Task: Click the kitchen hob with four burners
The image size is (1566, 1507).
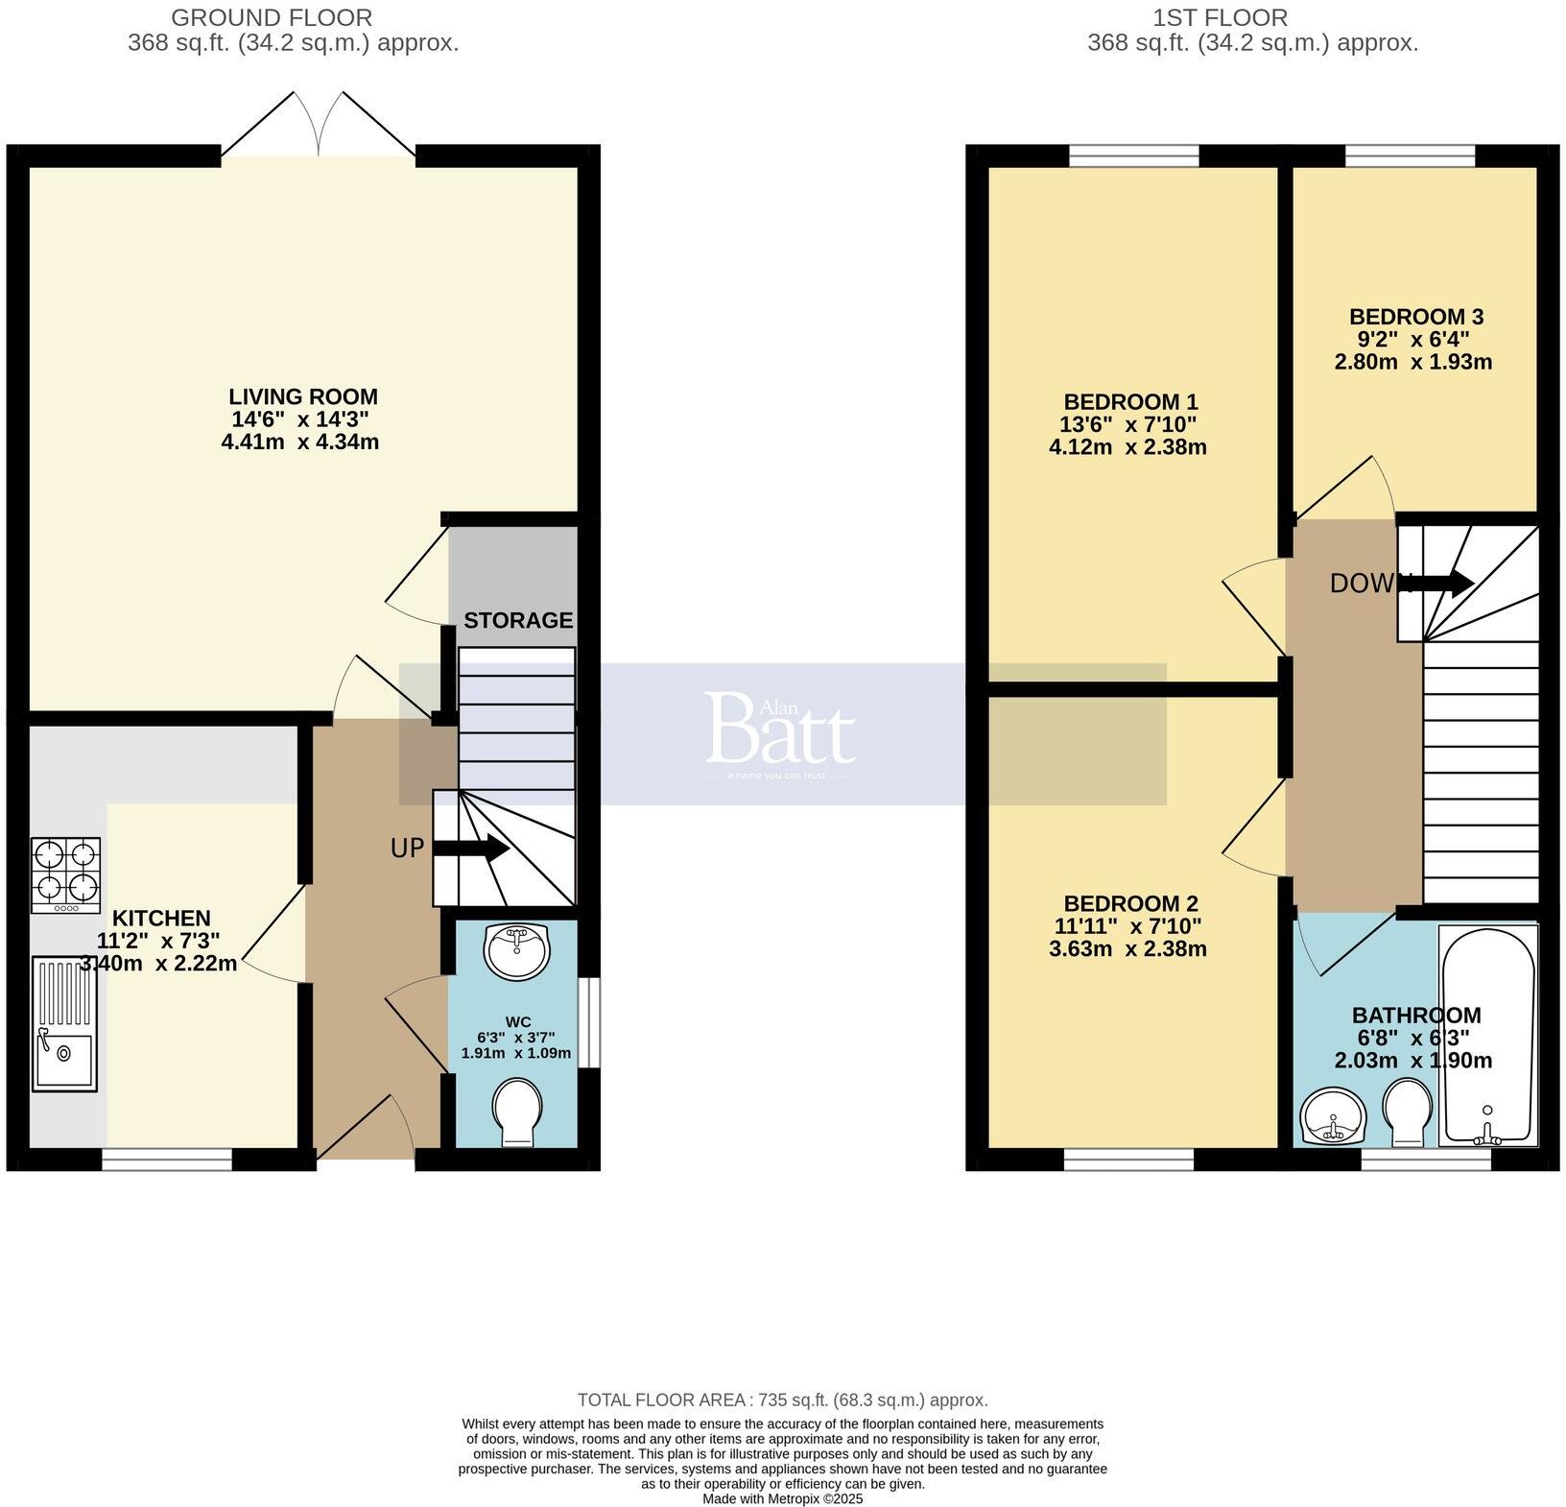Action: click(65, 875)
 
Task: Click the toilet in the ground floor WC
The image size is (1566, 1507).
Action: click(517, 1112)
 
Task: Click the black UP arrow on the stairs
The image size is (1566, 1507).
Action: click(471, 849)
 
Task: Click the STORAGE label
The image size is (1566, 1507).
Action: click(518, 620)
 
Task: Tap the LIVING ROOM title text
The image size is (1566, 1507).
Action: click(303, 396)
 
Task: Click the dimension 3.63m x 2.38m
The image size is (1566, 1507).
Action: click(1127, 950)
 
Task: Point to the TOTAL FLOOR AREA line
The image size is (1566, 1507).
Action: click(782, 1400)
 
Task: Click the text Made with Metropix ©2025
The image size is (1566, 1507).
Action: click(782, 1498)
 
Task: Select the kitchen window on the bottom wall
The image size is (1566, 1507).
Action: click(167, 1160)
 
